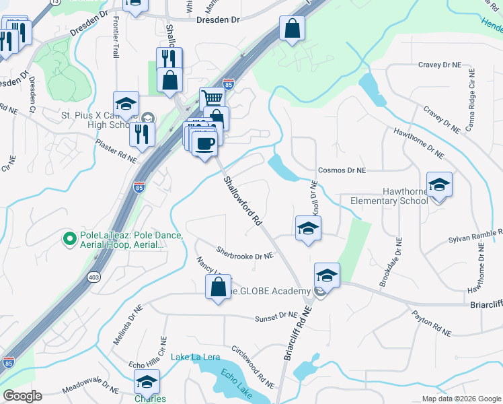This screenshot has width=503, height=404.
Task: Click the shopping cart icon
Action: (x=212, y=99)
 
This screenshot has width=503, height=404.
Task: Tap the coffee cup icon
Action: (x=204, y=142)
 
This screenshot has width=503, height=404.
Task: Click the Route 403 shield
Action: (x=93, y=276)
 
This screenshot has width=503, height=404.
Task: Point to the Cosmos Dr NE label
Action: (x=342, y=172)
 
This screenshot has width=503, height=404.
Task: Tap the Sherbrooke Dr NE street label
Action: (x=245, y=252)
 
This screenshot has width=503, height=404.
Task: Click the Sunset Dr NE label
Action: (x=274, y=316)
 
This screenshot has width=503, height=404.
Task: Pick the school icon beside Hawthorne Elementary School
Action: (x=438, y=184)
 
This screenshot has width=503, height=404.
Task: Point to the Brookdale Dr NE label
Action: (x=391, y=263)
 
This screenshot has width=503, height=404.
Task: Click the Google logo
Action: (x=22, y=396)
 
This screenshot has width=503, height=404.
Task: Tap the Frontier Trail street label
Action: (x=116, y=38)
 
